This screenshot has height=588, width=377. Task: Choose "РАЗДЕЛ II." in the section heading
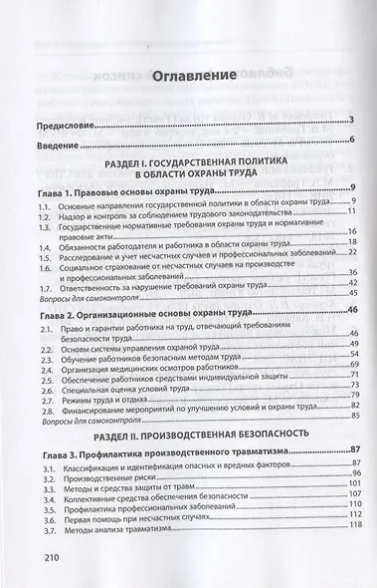point(130,434)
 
